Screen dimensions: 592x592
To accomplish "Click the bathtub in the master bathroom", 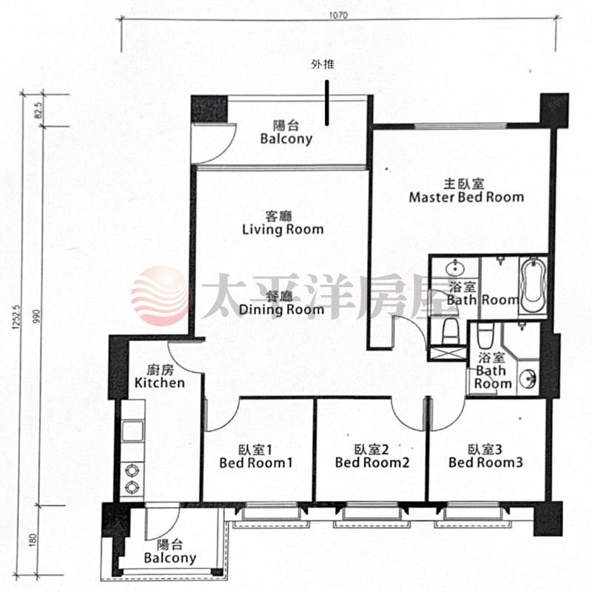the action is pos(533,286).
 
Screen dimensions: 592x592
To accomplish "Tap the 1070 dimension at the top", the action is pos(338,16).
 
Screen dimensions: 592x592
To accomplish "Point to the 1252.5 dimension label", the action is pos(16,317).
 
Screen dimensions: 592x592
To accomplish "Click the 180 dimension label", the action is pos(33,540).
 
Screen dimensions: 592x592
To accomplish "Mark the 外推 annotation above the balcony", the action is pos(323,64).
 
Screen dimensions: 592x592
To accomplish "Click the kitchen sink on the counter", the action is pos(132,431).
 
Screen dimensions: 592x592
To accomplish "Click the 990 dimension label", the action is pos(36,317).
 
